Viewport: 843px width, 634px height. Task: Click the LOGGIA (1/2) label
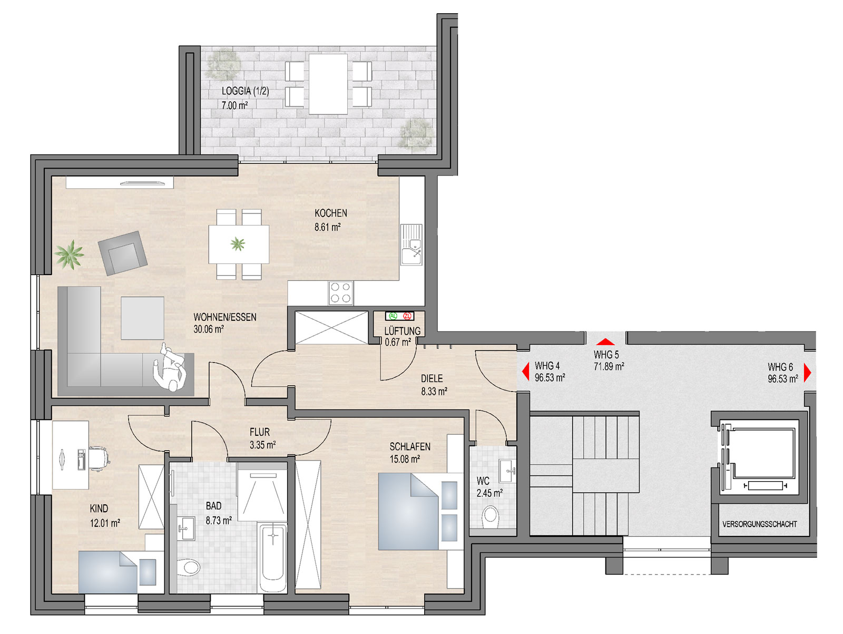(245, 91)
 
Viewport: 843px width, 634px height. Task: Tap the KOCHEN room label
(331, 213)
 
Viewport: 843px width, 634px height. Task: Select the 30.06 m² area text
(209, 329)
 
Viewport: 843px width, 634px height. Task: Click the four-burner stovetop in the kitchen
(341, 292)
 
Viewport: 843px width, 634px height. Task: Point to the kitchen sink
(411, 245)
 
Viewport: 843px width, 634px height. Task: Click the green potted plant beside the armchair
(69, 254)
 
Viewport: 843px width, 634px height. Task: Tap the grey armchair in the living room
(123, 253)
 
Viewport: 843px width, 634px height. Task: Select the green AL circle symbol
(393, 316)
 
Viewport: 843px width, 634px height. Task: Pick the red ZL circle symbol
(407, 316)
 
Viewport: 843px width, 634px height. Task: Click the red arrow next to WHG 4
(525, 372)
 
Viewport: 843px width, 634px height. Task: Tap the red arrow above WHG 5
(605, 342)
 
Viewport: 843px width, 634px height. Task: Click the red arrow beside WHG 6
(807, 373)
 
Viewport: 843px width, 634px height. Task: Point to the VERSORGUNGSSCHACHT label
(759, 524)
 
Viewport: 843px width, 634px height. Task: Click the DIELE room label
(432, 378)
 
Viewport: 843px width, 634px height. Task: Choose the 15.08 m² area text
(405, 459)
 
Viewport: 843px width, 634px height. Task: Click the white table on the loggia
(328, 84)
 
